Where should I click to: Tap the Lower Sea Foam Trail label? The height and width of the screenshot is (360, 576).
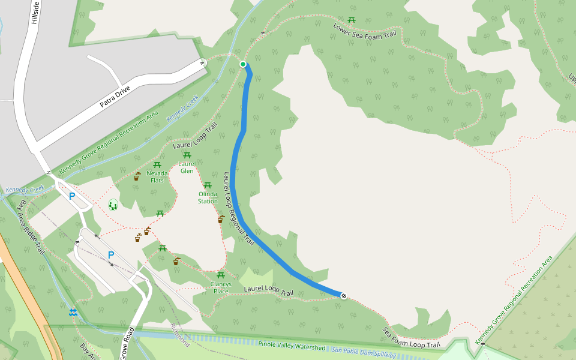[x=365, y=31]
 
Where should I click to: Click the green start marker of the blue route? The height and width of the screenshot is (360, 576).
[x=243, y=64]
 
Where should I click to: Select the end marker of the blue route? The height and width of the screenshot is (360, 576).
[x=344, y=295]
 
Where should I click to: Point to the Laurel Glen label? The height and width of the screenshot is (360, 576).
[x=187, y=167]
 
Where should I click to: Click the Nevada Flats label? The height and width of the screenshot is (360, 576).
[x=157, y=176]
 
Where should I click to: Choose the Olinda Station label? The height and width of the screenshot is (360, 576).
[x=208, y=197]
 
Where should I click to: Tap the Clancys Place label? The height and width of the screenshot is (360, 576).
[x=221, y=287]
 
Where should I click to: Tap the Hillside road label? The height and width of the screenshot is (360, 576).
[x=35, y=12]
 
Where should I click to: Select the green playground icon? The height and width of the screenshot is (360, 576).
[x=113, y=205]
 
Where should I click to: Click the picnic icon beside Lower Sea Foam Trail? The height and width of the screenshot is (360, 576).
[x=352, y=20]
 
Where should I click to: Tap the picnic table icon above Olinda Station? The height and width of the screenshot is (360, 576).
[x=208, y=185]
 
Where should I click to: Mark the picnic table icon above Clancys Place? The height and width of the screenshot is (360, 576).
[x=220, y=275]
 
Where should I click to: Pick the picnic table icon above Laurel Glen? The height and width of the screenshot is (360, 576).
[x=187, y=155]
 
